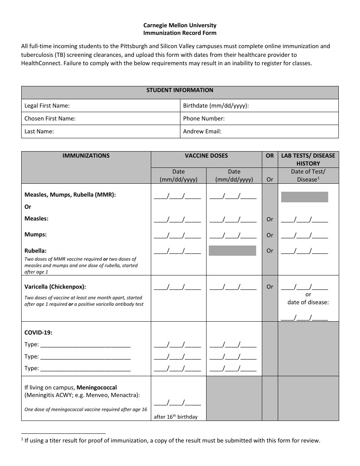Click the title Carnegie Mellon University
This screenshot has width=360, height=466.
point(180,25)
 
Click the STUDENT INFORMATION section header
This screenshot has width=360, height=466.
point(180,90)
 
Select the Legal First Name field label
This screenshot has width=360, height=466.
point(47,106)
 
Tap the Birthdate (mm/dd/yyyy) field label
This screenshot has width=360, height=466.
point(216,106)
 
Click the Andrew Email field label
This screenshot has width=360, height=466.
point(202,131)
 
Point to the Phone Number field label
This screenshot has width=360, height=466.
point(203,119)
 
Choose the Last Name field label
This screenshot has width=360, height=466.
point(39,131)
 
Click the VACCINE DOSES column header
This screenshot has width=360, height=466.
point(206,156)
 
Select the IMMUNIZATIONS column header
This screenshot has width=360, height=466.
point(86,156)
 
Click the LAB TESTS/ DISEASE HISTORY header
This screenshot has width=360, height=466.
point(308,160)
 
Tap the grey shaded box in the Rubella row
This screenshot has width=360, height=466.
point(232,250)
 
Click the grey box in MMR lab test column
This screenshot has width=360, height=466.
point(304,197)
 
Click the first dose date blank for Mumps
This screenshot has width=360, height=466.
point(177,235)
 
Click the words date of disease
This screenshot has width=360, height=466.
point(308,302)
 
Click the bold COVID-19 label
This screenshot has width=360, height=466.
point(38,333)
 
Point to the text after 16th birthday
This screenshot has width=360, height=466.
point(175,417)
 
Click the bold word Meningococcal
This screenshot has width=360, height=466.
point(97,388)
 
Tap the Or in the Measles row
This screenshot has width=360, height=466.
point(269,219)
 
